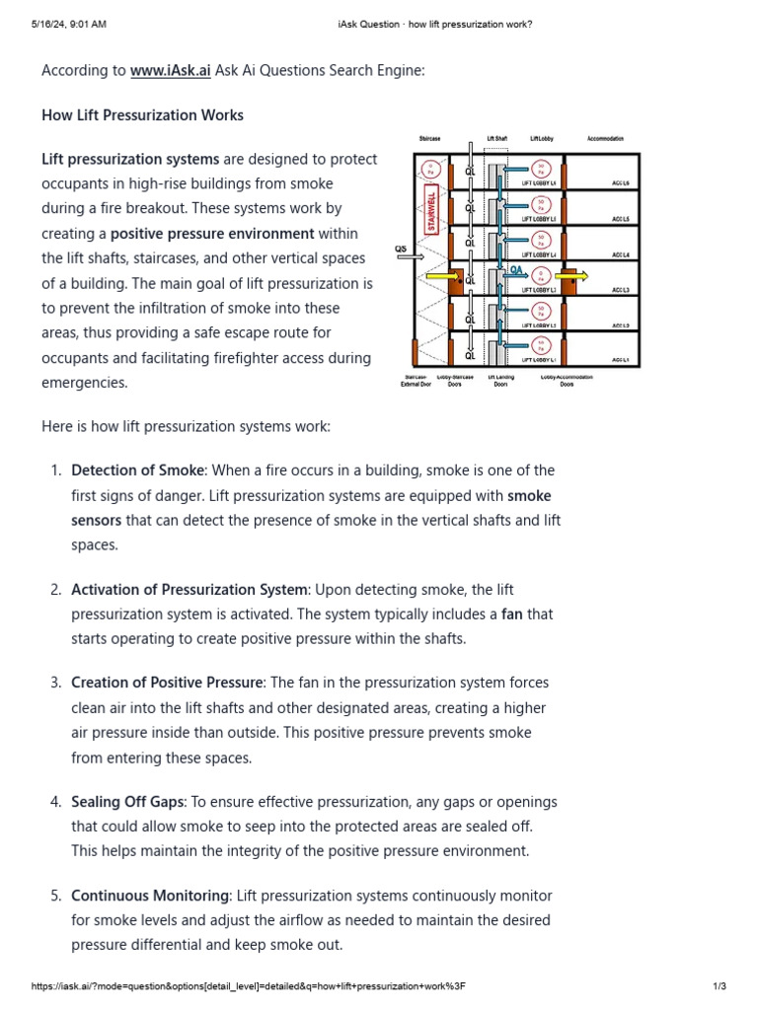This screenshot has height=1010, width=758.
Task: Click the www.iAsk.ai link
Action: [170, 71]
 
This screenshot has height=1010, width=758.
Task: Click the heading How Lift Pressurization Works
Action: [142, 115]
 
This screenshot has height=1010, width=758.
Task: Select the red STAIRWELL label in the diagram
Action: [430, 208]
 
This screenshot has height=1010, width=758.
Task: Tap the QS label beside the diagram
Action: [401, 250]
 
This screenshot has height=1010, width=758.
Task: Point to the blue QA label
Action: [516, 268]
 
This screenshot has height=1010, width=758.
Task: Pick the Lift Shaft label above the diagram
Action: [496, 139]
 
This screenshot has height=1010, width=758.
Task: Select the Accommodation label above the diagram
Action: [605, 139]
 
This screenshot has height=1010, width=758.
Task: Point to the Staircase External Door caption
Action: [416, 381]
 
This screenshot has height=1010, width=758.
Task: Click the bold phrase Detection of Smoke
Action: [138, 470]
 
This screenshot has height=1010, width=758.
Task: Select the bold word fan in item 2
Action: [512, 613]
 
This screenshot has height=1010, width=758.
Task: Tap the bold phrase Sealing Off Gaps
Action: [127, 801]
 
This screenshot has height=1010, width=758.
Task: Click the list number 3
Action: [55, 683]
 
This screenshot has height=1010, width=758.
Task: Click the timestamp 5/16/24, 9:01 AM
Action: [70, 24]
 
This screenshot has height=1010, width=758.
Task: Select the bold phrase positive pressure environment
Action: [212, 234]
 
